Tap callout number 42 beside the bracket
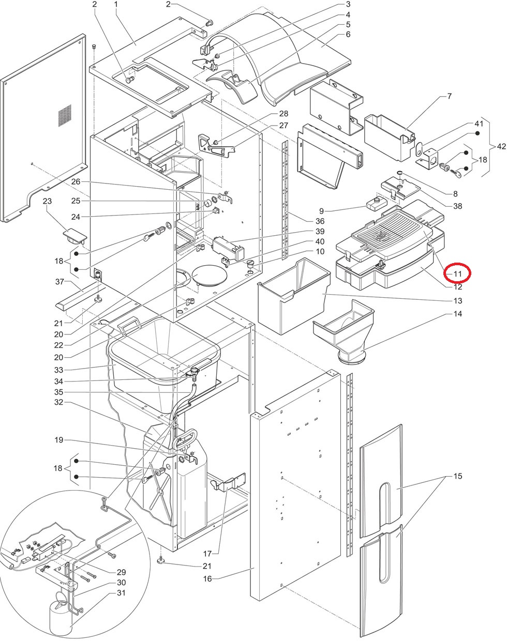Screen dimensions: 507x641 (501, 146)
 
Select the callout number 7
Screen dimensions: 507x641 (450, 96)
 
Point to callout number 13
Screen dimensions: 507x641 (458, 300)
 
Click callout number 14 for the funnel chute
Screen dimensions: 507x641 (458, 314)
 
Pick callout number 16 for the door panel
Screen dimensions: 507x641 (207, 578)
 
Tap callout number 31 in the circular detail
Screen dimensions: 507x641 (121, 599)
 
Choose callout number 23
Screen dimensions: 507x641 (47, 201)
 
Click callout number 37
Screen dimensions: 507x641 (60, 282)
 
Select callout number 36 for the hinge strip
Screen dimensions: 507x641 (320, 221)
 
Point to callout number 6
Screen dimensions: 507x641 (348, 34)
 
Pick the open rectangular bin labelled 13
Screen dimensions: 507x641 (294, 296)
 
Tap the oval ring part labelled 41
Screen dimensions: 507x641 (420, 149)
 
